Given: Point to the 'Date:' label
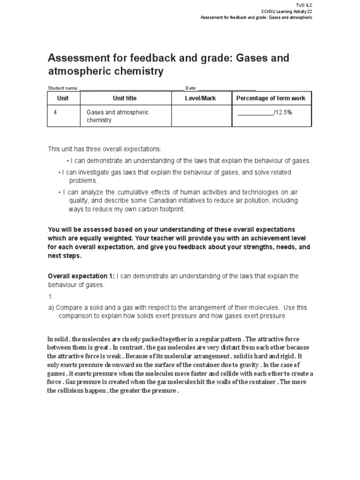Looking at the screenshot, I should [x=191, y=88].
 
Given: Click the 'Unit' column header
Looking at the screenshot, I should [x=63, y=98].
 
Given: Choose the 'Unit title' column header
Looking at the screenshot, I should [x=125, y=98].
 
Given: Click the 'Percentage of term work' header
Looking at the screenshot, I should [x=270, y=98].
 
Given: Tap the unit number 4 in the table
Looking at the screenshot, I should [x=55, y=112].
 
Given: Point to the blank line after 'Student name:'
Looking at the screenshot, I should [x=132, y=89].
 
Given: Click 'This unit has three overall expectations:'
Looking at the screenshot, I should [x=105, y=149].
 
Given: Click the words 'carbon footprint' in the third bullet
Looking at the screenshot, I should [x=162, y=209].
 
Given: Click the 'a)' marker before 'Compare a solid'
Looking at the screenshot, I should [x=52, y=307].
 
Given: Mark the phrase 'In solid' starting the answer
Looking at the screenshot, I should [x=58, y=339].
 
